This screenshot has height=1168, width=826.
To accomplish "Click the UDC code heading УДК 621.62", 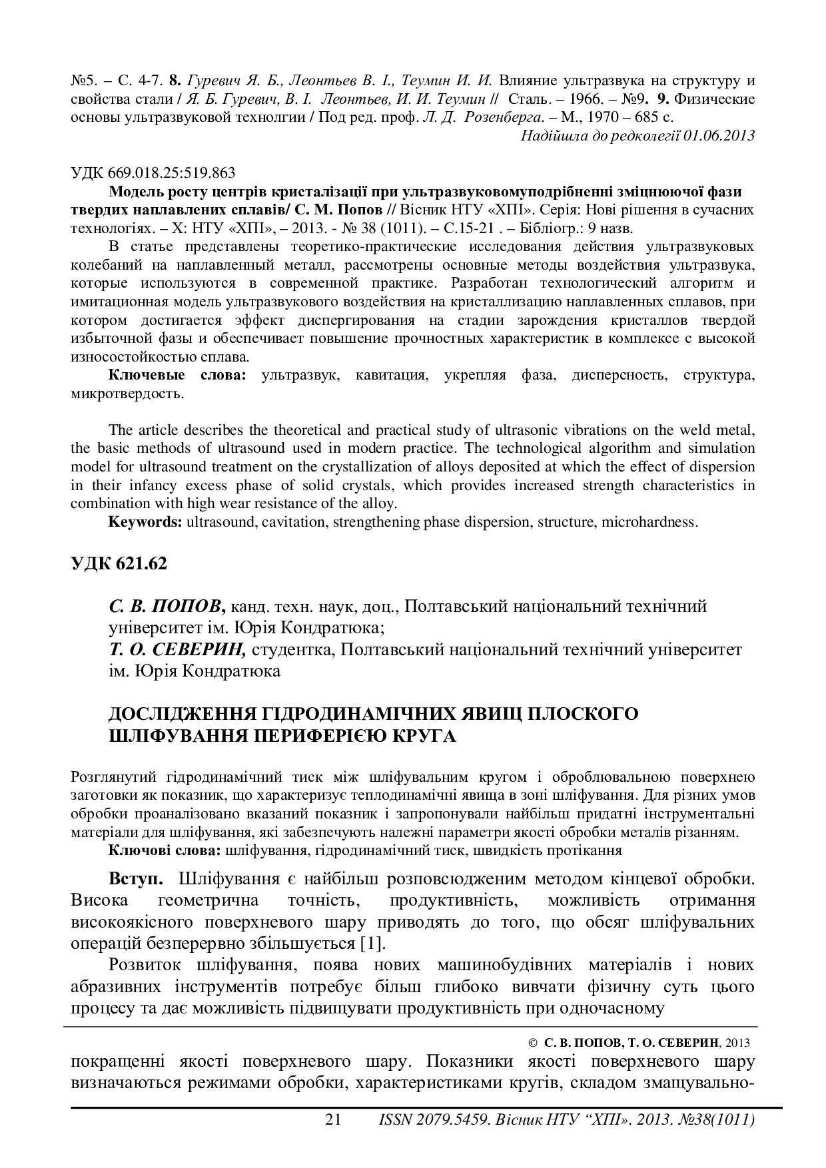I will click(x=119, y=563).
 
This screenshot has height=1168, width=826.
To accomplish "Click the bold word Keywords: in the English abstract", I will click(x=145, y=522).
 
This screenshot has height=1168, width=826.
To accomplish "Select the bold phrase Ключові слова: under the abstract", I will click(x=165, y=850).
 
